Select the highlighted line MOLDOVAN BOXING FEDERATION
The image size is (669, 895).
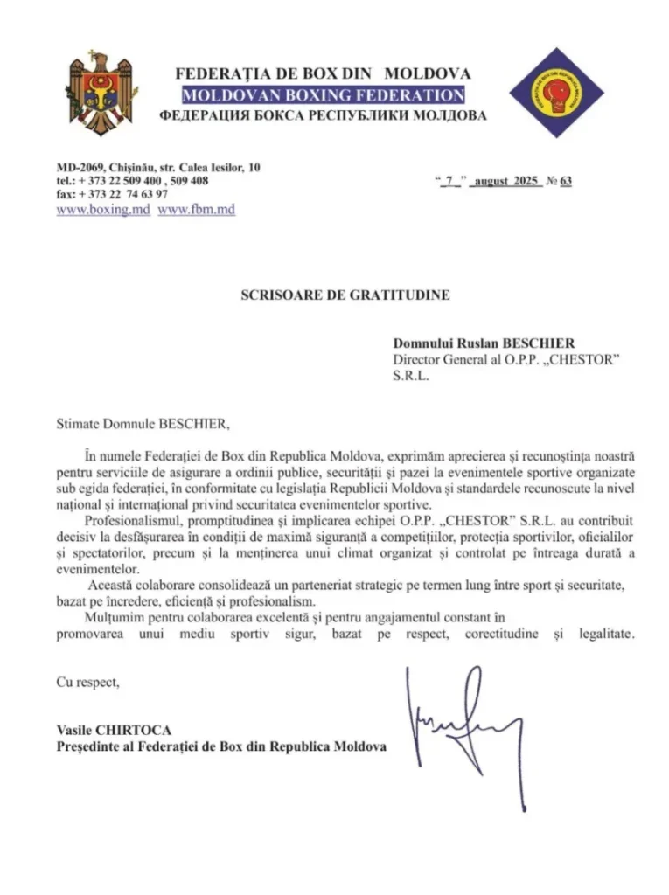coord(323,94)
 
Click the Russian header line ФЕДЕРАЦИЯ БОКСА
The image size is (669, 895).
coord(323,115)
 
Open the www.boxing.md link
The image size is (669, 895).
coord(103,210)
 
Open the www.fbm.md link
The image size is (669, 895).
coord(197,210)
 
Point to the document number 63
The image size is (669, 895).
coord(565,182)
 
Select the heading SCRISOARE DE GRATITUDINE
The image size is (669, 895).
coord(345,295)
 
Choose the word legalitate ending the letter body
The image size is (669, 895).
coord(604,633)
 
